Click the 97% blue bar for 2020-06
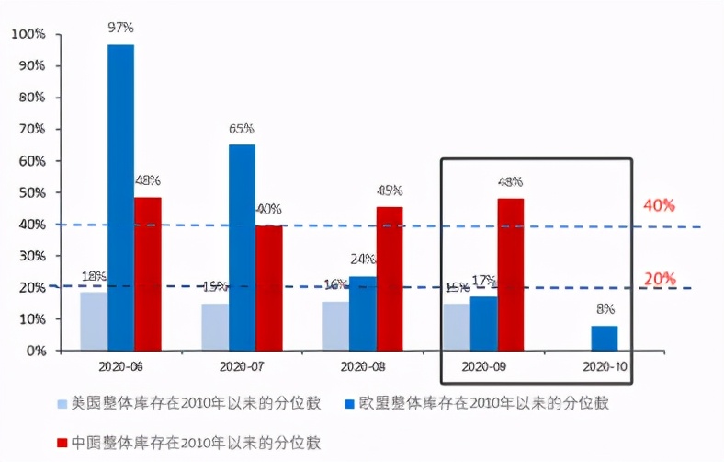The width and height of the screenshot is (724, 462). tap(120, 197)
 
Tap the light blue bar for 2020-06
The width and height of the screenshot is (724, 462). tap(94, 321)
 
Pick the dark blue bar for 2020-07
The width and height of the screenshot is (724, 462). tap(242, 248)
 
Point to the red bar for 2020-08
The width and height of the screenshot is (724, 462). tap(390, 279)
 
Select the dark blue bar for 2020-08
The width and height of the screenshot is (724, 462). tap(362, 313)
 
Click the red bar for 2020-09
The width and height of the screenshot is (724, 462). tap(511, 274)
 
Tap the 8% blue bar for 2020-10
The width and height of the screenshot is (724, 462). tap(604, 338)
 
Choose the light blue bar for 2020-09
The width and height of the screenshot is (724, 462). tap(457, 327)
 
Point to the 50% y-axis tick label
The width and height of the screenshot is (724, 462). tap(30, 192)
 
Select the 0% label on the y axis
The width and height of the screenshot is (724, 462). tap(35, 351)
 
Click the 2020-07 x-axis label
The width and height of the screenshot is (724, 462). tap(242, 366)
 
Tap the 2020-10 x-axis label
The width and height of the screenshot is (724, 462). tap(605, 366)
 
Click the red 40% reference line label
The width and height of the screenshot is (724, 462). tap(659, 205)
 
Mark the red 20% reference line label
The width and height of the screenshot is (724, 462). tap(659, 278)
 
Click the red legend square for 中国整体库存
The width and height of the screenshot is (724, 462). tap(63, 443)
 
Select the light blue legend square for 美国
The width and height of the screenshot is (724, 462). tap(63, 403)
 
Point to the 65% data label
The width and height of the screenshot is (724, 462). tap(242, 128)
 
